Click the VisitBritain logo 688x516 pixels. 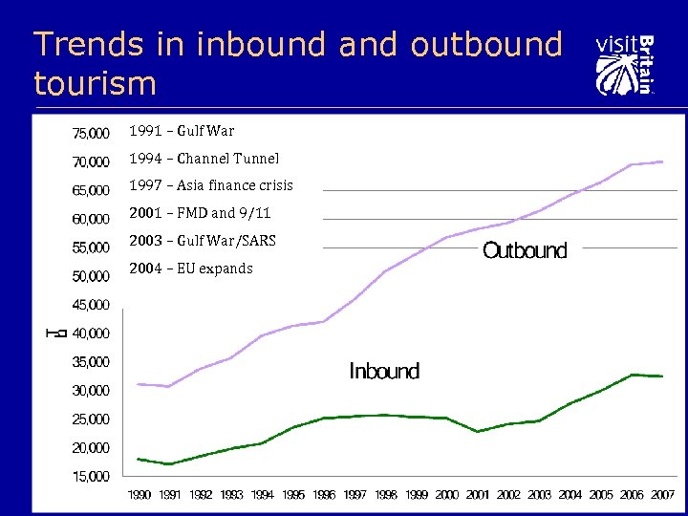(625, 65)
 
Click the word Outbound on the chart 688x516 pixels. (525, 251)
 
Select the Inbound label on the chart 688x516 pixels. (384, 372)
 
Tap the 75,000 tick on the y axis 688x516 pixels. (91, 132)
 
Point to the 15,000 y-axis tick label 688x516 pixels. (91, 476)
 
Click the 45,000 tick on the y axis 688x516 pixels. (91, 305)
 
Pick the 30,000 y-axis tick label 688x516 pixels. (91, 390)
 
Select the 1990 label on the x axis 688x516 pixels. (139, 495)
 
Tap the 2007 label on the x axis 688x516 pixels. (662, 495)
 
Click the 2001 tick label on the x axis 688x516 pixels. (478, 495)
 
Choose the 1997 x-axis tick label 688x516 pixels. (355, 495)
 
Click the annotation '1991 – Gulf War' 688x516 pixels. (182, 131)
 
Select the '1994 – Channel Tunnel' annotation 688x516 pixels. (204, 159)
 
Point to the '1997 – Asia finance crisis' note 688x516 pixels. (211, 185)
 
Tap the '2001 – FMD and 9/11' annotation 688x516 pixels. (200, 213)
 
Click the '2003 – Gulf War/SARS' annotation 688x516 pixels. (203, 241)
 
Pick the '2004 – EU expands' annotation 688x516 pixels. (191, 269)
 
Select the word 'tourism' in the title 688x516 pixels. (95, 83)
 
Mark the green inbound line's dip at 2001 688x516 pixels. (478, 432)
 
